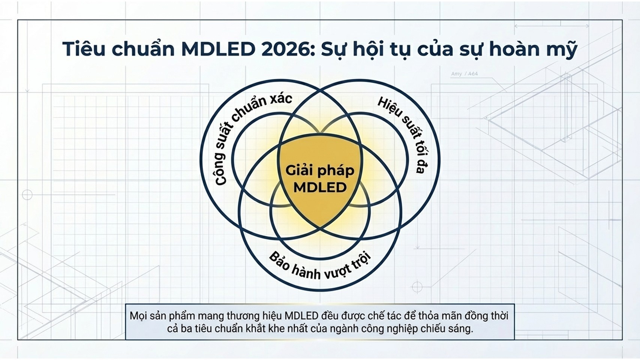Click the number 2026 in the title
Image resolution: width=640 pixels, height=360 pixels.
pos(288,49)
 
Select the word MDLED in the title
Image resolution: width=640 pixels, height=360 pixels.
pos(218,49)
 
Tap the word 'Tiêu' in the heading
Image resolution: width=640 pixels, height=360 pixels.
pos(84,49)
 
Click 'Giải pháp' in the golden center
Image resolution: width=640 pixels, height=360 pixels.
pos(320,171)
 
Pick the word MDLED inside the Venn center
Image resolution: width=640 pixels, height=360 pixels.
pos(320,188)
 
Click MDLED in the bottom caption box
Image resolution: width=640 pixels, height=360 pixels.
pos(301,316)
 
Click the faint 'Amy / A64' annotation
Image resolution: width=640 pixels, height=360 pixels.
pos(464,74)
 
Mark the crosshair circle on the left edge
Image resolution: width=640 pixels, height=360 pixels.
pos(27,195)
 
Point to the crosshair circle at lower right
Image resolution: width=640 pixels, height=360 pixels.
pos(417,286)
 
